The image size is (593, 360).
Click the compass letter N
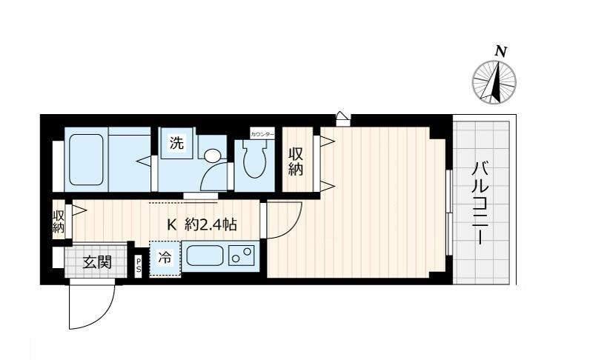501,51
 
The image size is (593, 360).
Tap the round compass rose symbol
494,81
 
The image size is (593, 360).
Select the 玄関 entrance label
96,261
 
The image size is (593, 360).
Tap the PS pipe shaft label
139,265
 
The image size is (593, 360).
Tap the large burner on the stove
237,259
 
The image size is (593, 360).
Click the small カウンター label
262,134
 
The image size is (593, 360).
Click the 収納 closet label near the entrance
59,221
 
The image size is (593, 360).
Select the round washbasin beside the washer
212,156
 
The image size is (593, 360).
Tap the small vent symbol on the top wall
342,116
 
